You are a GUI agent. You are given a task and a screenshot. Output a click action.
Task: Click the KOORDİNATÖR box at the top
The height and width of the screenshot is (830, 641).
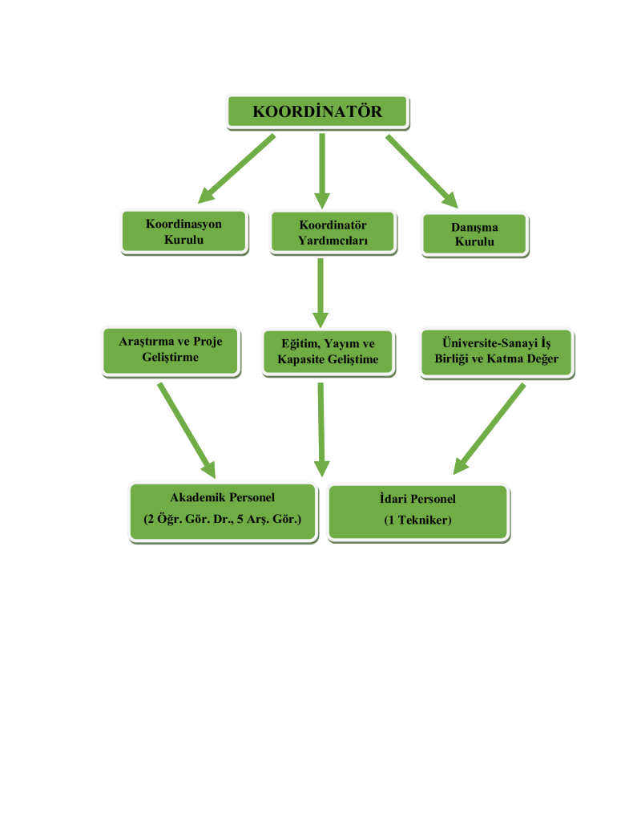tap(317, 111)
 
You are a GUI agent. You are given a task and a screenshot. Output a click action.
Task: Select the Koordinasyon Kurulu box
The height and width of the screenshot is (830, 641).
tap(183, 232)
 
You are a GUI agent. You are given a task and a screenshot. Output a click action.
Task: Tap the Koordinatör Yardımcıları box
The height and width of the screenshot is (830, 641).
tap(333, 233)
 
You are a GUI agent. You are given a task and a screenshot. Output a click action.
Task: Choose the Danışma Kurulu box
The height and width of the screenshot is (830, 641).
tap(474, 234)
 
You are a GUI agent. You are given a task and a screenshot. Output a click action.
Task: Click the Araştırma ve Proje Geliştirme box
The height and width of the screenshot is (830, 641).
tap(171, 350)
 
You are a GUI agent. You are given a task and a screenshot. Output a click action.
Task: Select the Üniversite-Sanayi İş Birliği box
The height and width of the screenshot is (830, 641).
tap(496, 351)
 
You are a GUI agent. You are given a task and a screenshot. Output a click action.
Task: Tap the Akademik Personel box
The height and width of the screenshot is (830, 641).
tap(222, 512)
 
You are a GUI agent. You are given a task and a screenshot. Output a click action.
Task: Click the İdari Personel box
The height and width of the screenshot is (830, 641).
tap(417, 512)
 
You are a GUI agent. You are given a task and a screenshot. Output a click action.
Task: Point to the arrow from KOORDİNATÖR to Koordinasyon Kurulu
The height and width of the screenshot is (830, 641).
tap(236, 168)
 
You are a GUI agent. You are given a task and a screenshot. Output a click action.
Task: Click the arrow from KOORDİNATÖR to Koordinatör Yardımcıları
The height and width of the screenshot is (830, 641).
tap(322, 170)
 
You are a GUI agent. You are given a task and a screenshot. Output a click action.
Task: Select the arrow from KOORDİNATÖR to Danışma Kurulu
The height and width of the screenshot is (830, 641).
tap(421, 171)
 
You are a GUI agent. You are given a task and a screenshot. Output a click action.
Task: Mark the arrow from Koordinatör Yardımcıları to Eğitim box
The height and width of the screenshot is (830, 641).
tap(320, 293)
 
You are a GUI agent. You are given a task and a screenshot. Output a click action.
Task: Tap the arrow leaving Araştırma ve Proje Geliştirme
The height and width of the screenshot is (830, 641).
tap(187, 430)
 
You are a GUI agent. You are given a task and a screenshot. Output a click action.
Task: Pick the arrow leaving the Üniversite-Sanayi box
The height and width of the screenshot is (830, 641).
tap(490, 428)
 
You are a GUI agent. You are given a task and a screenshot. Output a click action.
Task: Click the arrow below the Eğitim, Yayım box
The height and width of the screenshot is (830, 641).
tap(321, 430)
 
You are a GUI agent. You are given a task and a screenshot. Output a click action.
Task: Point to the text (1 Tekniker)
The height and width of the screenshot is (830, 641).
tap(417, 520)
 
